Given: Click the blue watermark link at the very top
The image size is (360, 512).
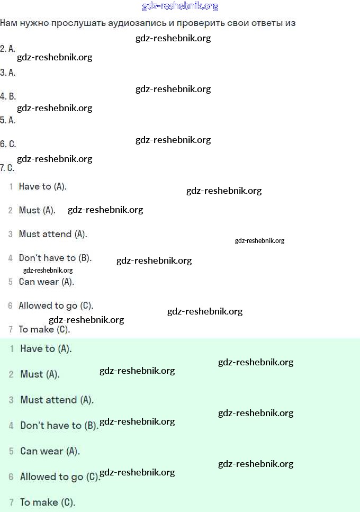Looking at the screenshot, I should pyautogui.click(x=180, y=6).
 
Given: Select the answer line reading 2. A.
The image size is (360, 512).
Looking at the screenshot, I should pyautogui.click(x=8, y=49).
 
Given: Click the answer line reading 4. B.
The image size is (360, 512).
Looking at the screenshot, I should pyautogui.click(x=8, y=96).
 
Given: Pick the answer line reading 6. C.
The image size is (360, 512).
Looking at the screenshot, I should pyautogui.click(x=8, y=144).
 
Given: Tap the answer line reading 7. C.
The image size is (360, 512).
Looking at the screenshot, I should pyautogui.click(x=7, y=168).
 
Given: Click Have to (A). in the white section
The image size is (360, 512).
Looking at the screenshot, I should pyautogui.click(x=43, y=186).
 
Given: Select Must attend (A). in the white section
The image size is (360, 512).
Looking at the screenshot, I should pyautogui.click(x=53, y=234).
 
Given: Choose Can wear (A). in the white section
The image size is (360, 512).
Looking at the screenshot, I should pyautogui.click(x=47, y=282).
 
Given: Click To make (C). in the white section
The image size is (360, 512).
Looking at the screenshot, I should pyautogui.click(x=44, y=329).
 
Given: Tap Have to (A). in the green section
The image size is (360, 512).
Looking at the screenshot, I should pyautogui.click(x=46, y=349).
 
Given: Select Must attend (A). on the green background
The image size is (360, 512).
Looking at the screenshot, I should pyautogui.click(x=57, y=400).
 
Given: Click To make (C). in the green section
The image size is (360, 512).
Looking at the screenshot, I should pyautogui.click(x=48, y=502).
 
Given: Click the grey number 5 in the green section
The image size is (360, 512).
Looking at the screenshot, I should pyautogui.click(x=11, y=452).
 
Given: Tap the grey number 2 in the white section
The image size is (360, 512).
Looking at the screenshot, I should pyautogui.click(x=11, y=211).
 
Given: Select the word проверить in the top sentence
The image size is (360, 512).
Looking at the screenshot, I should pyautogui.click(x=204, y=23).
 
